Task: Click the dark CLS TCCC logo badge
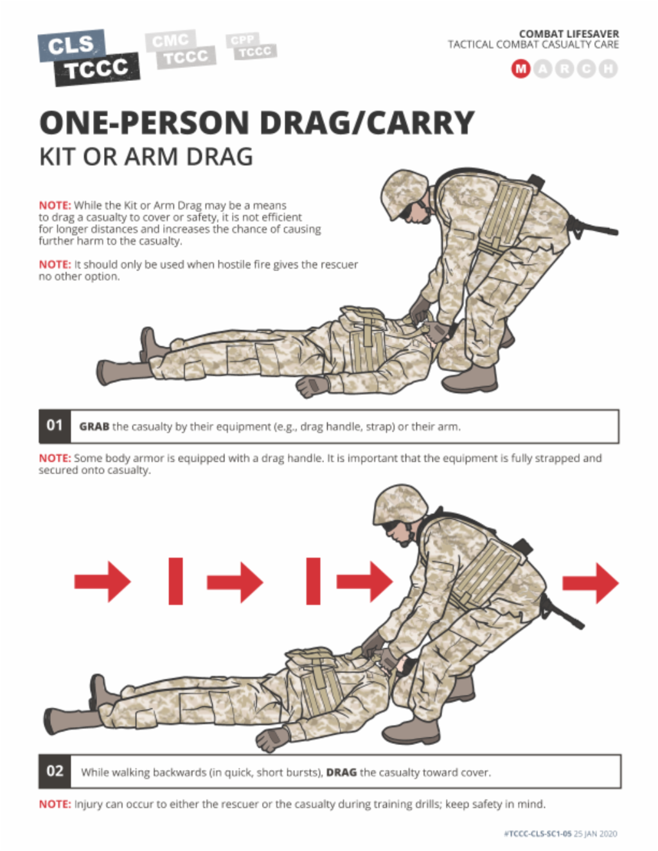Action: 89,57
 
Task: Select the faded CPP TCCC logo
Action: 250,46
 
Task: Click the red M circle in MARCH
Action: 520,68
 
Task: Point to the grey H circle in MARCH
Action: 608,68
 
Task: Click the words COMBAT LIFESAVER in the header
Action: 569,33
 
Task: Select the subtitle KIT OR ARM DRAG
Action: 146,157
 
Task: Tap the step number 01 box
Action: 55,426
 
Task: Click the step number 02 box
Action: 55,771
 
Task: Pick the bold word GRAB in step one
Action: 94,426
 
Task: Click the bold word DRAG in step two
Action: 341,772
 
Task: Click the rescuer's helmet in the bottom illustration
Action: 400,504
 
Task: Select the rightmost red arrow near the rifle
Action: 591,583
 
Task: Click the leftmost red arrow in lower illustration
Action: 103,582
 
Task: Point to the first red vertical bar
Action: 175,581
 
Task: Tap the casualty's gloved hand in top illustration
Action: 312,387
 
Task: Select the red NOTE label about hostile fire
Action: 54,265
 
